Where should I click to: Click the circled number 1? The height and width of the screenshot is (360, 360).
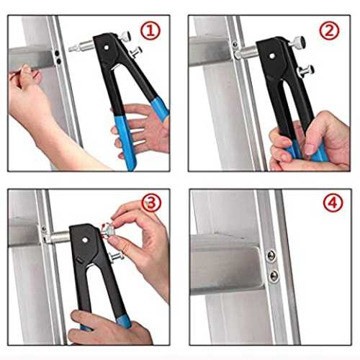pos(150,31)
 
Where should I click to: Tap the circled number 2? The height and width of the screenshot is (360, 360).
pos(329,31)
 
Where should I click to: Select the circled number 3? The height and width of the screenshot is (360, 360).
pos(151,203)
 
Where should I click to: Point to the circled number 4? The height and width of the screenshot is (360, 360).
pos(333,203)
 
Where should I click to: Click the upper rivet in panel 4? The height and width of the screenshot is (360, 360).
pos(271,256)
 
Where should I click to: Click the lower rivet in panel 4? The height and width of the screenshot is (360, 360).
pos(274,276)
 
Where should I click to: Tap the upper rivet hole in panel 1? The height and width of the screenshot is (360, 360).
pos(57,53)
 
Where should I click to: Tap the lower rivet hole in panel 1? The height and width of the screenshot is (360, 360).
pos(58,61)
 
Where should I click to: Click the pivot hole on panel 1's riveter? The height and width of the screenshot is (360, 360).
pos(106,48)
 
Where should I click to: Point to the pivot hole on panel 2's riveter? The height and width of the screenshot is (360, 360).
pos(272,56)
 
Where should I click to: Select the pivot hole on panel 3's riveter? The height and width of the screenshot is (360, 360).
pos(84,240)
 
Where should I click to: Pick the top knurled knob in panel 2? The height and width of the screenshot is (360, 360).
pos(298,42)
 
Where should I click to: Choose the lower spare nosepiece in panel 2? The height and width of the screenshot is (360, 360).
pos(305,71)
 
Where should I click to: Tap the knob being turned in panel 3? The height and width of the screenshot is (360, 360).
pos(107,230)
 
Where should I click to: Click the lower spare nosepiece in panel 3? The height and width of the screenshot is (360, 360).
pos(116,257)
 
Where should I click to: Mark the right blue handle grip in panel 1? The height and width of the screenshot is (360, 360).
pos(160,109)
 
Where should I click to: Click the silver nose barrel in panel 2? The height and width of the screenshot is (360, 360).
pos(246,53)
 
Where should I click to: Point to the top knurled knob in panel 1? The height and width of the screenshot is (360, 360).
pos(124,37)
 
